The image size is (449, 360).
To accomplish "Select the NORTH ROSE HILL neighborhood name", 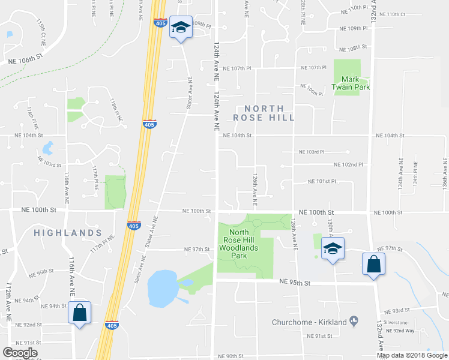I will coord(264,113).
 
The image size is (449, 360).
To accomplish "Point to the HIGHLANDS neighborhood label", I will coord(67,232).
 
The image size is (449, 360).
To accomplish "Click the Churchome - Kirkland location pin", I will coord(354,322).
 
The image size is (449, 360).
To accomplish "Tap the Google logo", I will coord(20,353).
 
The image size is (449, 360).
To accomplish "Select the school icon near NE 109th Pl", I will coord(181,27).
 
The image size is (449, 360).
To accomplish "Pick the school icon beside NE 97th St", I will coord(332,249).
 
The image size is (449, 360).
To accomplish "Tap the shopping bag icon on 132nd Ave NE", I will coord(373,264).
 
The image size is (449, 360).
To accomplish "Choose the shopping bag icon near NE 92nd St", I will coord(79,312).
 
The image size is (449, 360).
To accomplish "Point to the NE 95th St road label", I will coord(295,283).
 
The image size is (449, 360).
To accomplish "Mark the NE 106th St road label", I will coord(26,60).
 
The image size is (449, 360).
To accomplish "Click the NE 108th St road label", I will coord(352,47).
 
